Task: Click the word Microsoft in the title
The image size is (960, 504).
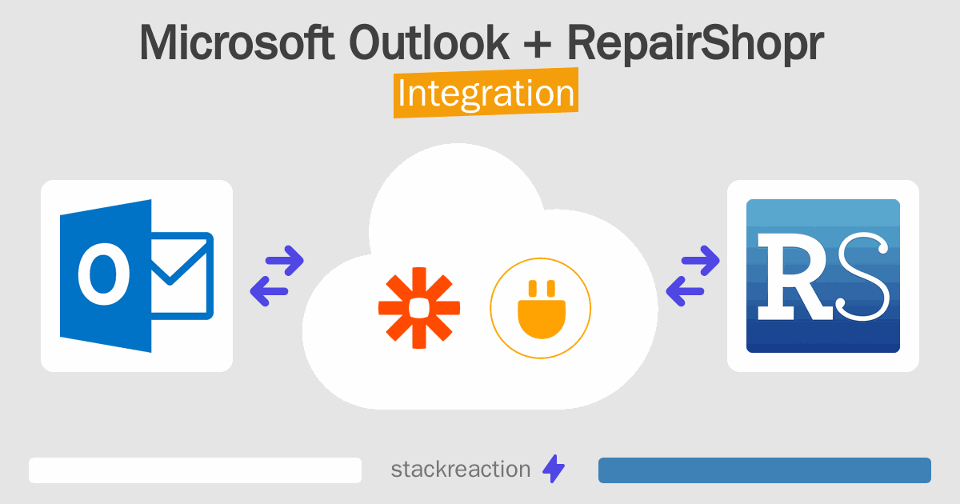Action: [237, 43]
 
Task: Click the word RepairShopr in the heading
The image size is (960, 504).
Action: [694, 45]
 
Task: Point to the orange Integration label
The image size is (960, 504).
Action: [486, 94]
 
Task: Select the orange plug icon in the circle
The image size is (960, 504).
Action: [541, 310]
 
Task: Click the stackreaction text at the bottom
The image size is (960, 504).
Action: [460, 470]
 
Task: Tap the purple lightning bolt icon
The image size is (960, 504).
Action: [554, 470]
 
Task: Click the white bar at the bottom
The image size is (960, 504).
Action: [195, 470]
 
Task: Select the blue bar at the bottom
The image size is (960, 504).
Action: [764, 470]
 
